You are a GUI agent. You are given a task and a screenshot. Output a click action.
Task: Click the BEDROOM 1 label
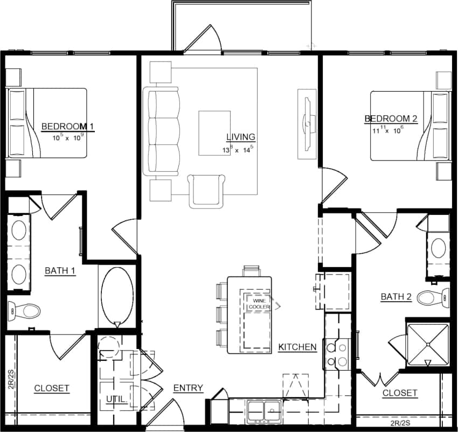click(68, 127)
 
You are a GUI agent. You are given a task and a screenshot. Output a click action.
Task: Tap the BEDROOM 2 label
click(391, 119)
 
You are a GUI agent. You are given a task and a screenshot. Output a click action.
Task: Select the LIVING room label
click(240, 137)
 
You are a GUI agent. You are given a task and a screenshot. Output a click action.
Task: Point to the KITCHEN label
click(297, 347)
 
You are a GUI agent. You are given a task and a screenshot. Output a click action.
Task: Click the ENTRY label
click(188, 388)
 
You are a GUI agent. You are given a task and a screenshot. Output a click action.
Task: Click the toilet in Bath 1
click(24, 310)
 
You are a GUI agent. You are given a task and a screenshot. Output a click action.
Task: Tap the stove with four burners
click(337, 354)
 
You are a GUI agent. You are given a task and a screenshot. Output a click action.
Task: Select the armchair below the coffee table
click(206, 190)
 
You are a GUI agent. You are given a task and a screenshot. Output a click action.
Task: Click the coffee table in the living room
click(214, 133)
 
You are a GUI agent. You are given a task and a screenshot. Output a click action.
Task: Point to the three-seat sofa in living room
click(162, 133)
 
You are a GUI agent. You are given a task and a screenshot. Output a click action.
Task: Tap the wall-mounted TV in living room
click(307, 123)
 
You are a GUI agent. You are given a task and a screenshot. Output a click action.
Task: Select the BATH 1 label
click(59, 270)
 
